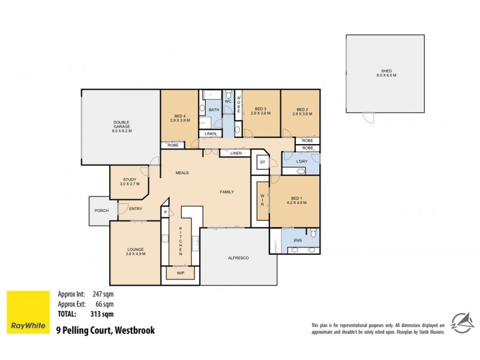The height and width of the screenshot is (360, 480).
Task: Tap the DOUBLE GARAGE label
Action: click(122, 127)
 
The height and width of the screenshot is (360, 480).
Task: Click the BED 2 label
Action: click(300, 111)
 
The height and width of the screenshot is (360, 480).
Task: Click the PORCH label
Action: click(101, 211)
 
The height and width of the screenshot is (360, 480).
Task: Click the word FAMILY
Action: click(226, 192)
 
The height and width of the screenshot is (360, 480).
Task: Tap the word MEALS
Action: click(182, 173)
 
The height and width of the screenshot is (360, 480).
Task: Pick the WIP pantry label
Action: click(180, 273)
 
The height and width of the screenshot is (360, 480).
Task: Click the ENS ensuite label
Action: click(298, 240)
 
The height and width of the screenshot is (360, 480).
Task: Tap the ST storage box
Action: click(262, 162)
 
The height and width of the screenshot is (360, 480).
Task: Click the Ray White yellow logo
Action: click(28, 311)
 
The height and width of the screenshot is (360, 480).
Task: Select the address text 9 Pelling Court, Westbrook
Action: click(105, 329)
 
